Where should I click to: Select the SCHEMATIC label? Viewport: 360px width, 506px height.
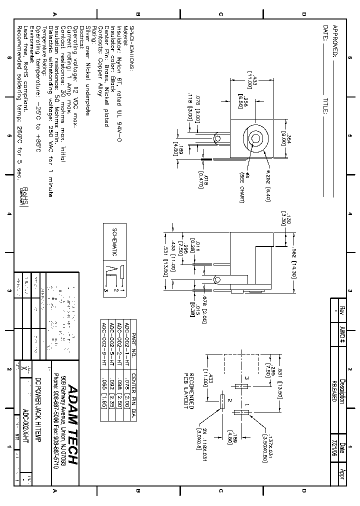[x=114, y=242]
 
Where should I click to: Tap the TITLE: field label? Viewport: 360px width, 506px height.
[x=325, y=106]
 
